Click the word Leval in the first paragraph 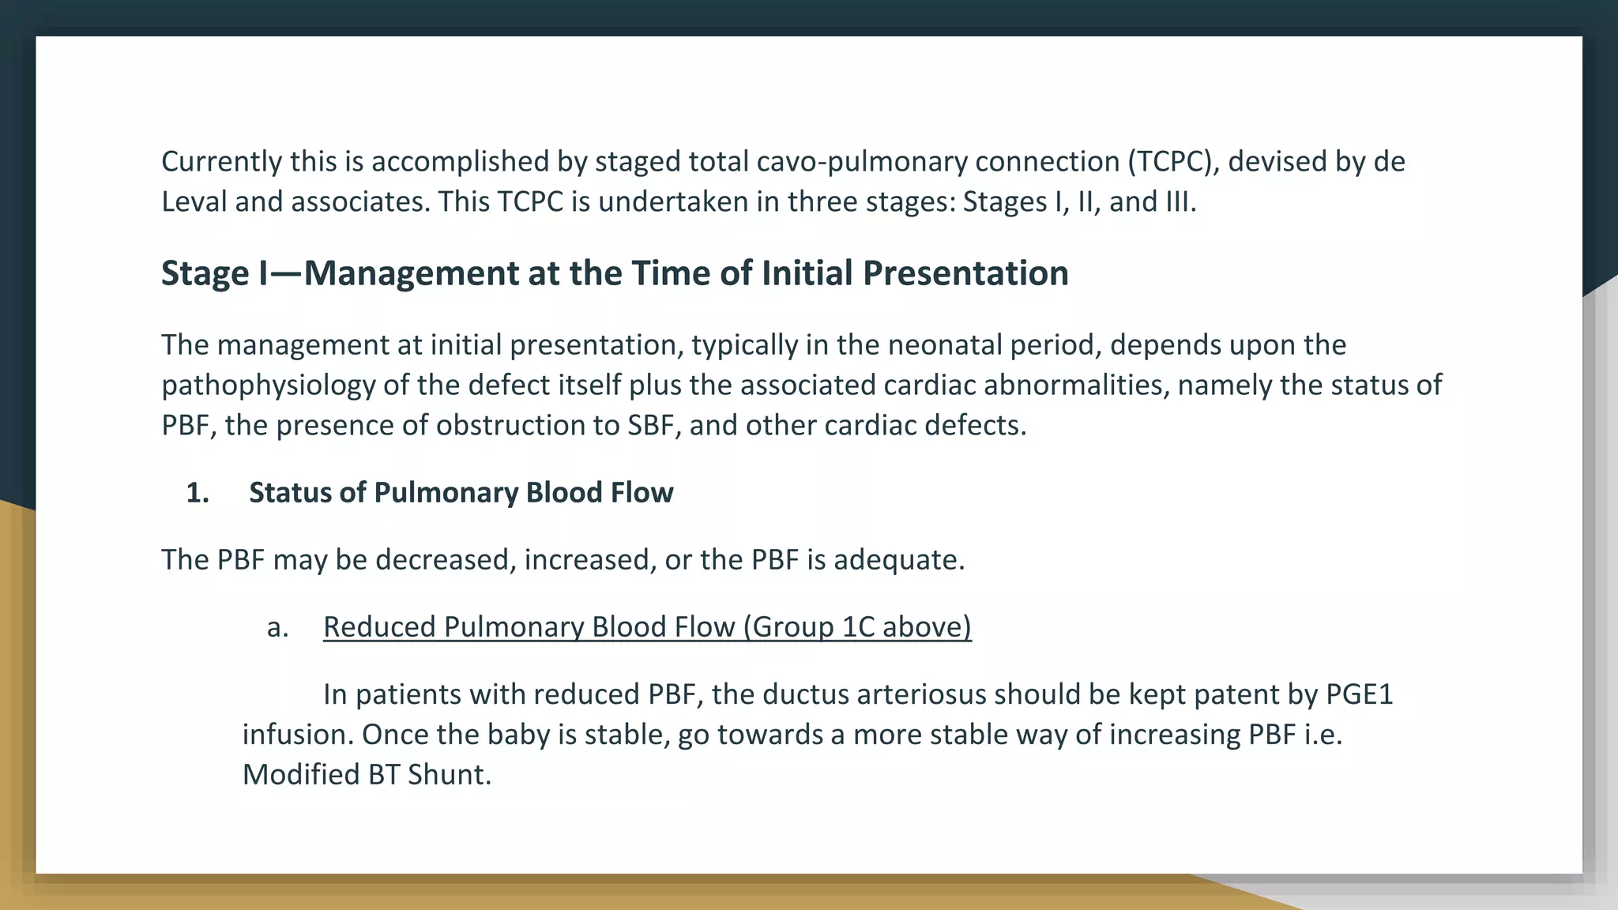coord(194,202)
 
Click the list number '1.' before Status coord(198,493)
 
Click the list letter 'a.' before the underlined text coord(277,627)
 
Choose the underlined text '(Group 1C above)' coord(857,627)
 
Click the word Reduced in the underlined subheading coord(379,627)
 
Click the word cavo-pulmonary coord(862,162)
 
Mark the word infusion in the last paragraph coord(297,735)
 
